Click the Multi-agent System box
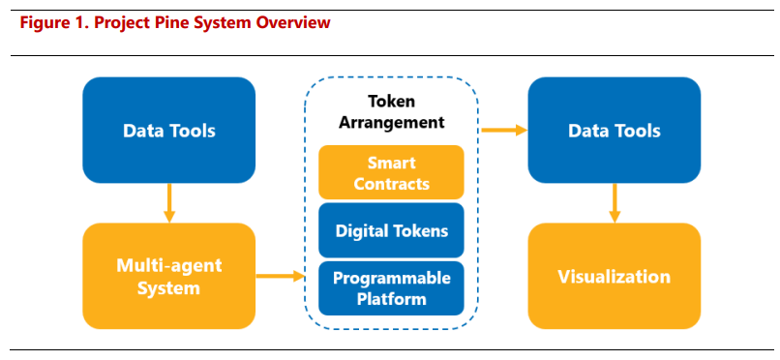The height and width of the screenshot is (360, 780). click(169, 276)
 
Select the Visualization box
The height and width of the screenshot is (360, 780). click(615, 276)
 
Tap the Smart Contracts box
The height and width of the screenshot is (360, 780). click(391, 172)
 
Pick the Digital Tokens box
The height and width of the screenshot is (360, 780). click(391, 230)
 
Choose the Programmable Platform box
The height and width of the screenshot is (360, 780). click(391, 288)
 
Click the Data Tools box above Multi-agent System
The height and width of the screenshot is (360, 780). click(169, 130)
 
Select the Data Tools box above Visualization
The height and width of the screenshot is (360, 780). click(615, 130)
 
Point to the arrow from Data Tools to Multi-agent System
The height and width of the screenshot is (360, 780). click(169, 203)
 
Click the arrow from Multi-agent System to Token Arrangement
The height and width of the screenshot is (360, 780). click(280, 276)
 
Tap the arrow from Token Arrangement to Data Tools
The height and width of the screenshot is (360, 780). click(504, 131)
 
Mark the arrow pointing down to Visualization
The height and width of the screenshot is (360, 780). click(615, 203)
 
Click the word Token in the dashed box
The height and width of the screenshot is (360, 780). click(391, 102)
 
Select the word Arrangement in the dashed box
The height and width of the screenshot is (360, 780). click(391, 122)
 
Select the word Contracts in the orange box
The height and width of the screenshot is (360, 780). click(391, 184)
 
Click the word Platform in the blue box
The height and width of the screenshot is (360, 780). click(392, 299)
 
